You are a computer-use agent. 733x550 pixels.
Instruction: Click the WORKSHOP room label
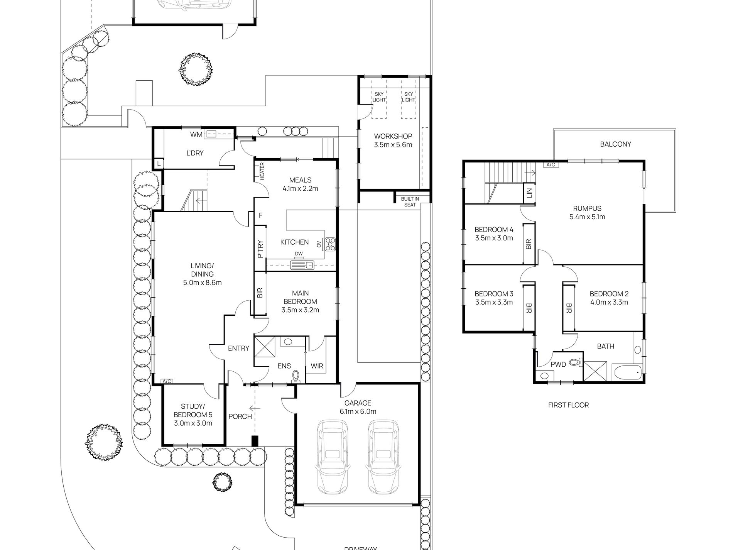(393, 136)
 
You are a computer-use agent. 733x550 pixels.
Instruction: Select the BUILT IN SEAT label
(410, 202)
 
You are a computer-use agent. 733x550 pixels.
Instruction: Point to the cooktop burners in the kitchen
(330, 243)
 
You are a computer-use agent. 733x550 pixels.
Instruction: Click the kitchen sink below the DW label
(303, 265)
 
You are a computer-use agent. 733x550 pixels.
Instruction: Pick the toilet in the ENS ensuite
(296, 376)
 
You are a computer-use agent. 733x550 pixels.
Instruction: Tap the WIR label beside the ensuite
(317, 366)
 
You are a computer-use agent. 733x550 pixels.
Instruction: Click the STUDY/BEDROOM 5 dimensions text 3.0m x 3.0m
(193, 423)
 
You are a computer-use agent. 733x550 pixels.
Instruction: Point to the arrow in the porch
(255, 408)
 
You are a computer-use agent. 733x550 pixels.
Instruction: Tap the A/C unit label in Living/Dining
(167, 381)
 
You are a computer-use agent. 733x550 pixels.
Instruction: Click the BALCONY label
(615, 144)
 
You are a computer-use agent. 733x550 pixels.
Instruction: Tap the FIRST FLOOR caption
(568, 405)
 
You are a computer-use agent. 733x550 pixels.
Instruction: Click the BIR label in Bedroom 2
(569, 308)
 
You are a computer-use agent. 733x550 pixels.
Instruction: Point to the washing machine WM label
(196, 134)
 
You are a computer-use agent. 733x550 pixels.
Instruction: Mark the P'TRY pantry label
(260, 249)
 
